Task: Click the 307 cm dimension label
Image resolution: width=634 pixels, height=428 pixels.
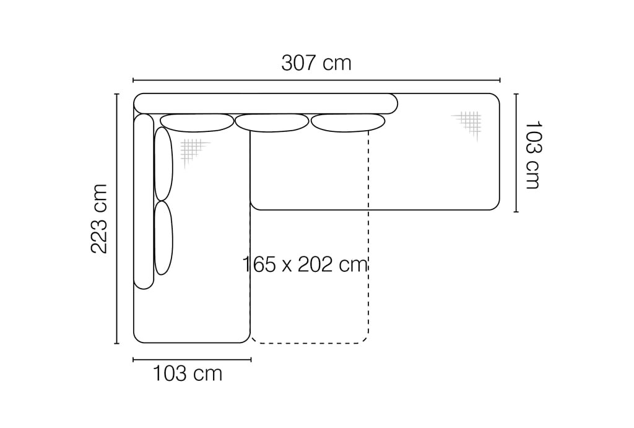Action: click(316, 63)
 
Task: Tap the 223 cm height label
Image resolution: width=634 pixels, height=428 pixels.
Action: click(98, 219)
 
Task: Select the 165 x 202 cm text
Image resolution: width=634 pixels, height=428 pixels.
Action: click(305, 264)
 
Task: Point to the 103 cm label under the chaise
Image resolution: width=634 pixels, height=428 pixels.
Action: click(188, 373)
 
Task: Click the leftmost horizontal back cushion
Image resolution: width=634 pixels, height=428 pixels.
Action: click(197, 123)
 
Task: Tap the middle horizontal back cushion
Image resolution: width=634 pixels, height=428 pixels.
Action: click(272, 123)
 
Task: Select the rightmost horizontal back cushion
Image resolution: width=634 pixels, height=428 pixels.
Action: click(348, 123)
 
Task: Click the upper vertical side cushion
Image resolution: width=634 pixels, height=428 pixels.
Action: click(163, 164)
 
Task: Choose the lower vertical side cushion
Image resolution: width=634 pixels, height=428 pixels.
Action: click(163, 238)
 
